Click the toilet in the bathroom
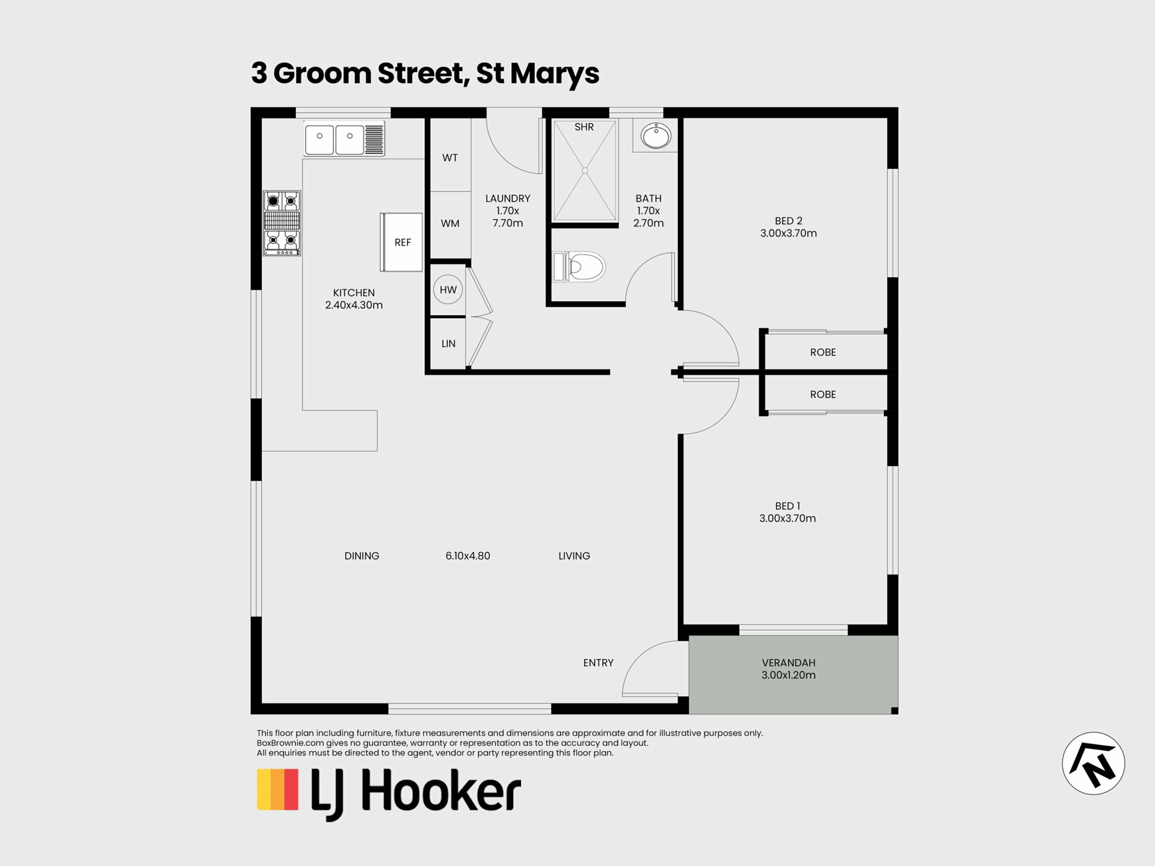579,267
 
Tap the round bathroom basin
656,136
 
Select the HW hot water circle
448,290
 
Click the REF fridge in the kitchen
401,242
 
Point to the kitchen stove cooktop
282,223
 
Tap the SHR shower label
584,127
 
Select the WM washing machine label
450,224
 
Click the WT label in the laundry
450,158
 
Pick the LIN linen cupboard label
448,344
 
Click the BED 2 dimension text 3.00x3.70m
788,233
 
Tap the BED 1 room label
787,506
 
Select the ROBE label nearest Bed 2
823,352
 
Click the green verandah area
793,675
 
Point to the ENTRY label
598,663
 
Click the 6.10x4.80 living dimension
467,556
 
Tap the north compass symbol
1093,763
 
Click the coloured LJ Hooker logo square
278,789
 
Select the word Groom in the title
322,73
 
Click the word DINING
362,556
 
